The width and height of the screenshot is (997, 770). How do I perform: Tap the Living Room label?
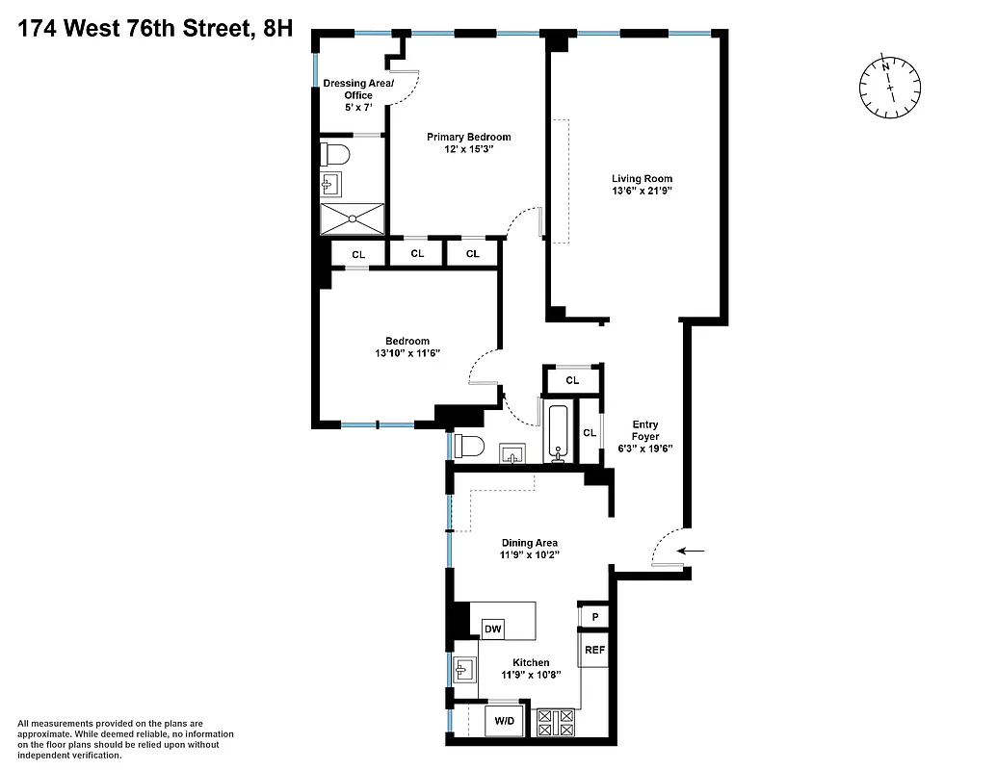point(642,178)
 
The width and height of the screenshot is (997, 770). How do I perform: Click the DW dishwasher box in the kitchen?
point(493,629)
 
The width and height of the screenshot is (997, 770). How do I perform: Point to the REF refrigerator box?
point(594,650)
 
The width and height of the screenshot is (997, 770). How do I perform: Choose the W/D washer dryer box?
point(505,721)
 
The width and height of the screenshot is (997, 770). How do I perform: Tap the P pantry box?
point(594,616)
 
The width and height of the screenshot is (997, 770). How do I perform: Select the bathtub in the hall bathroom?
point(559,433)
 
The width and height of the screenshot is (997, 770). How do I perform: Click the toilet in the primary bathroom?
point(336,154)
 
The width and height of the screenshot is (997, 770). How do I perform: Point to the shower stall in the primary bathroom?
point(353,218)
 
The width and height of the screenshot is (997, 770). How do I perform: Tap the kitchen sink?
point(465,668)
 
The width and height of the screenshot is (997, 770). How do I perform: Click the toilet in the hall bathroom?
point(471,447)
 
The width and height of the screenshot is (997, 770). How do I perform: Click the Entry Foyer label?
point(645,436)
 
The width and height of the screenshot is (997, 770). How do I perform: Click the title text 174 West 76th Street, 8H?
point(155,28)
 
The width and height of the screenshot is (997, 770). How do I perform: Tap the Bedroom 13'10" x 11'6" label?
point(407,347)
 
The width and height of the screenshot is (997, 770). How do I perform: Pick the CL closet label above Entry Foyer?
point(572,381)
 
